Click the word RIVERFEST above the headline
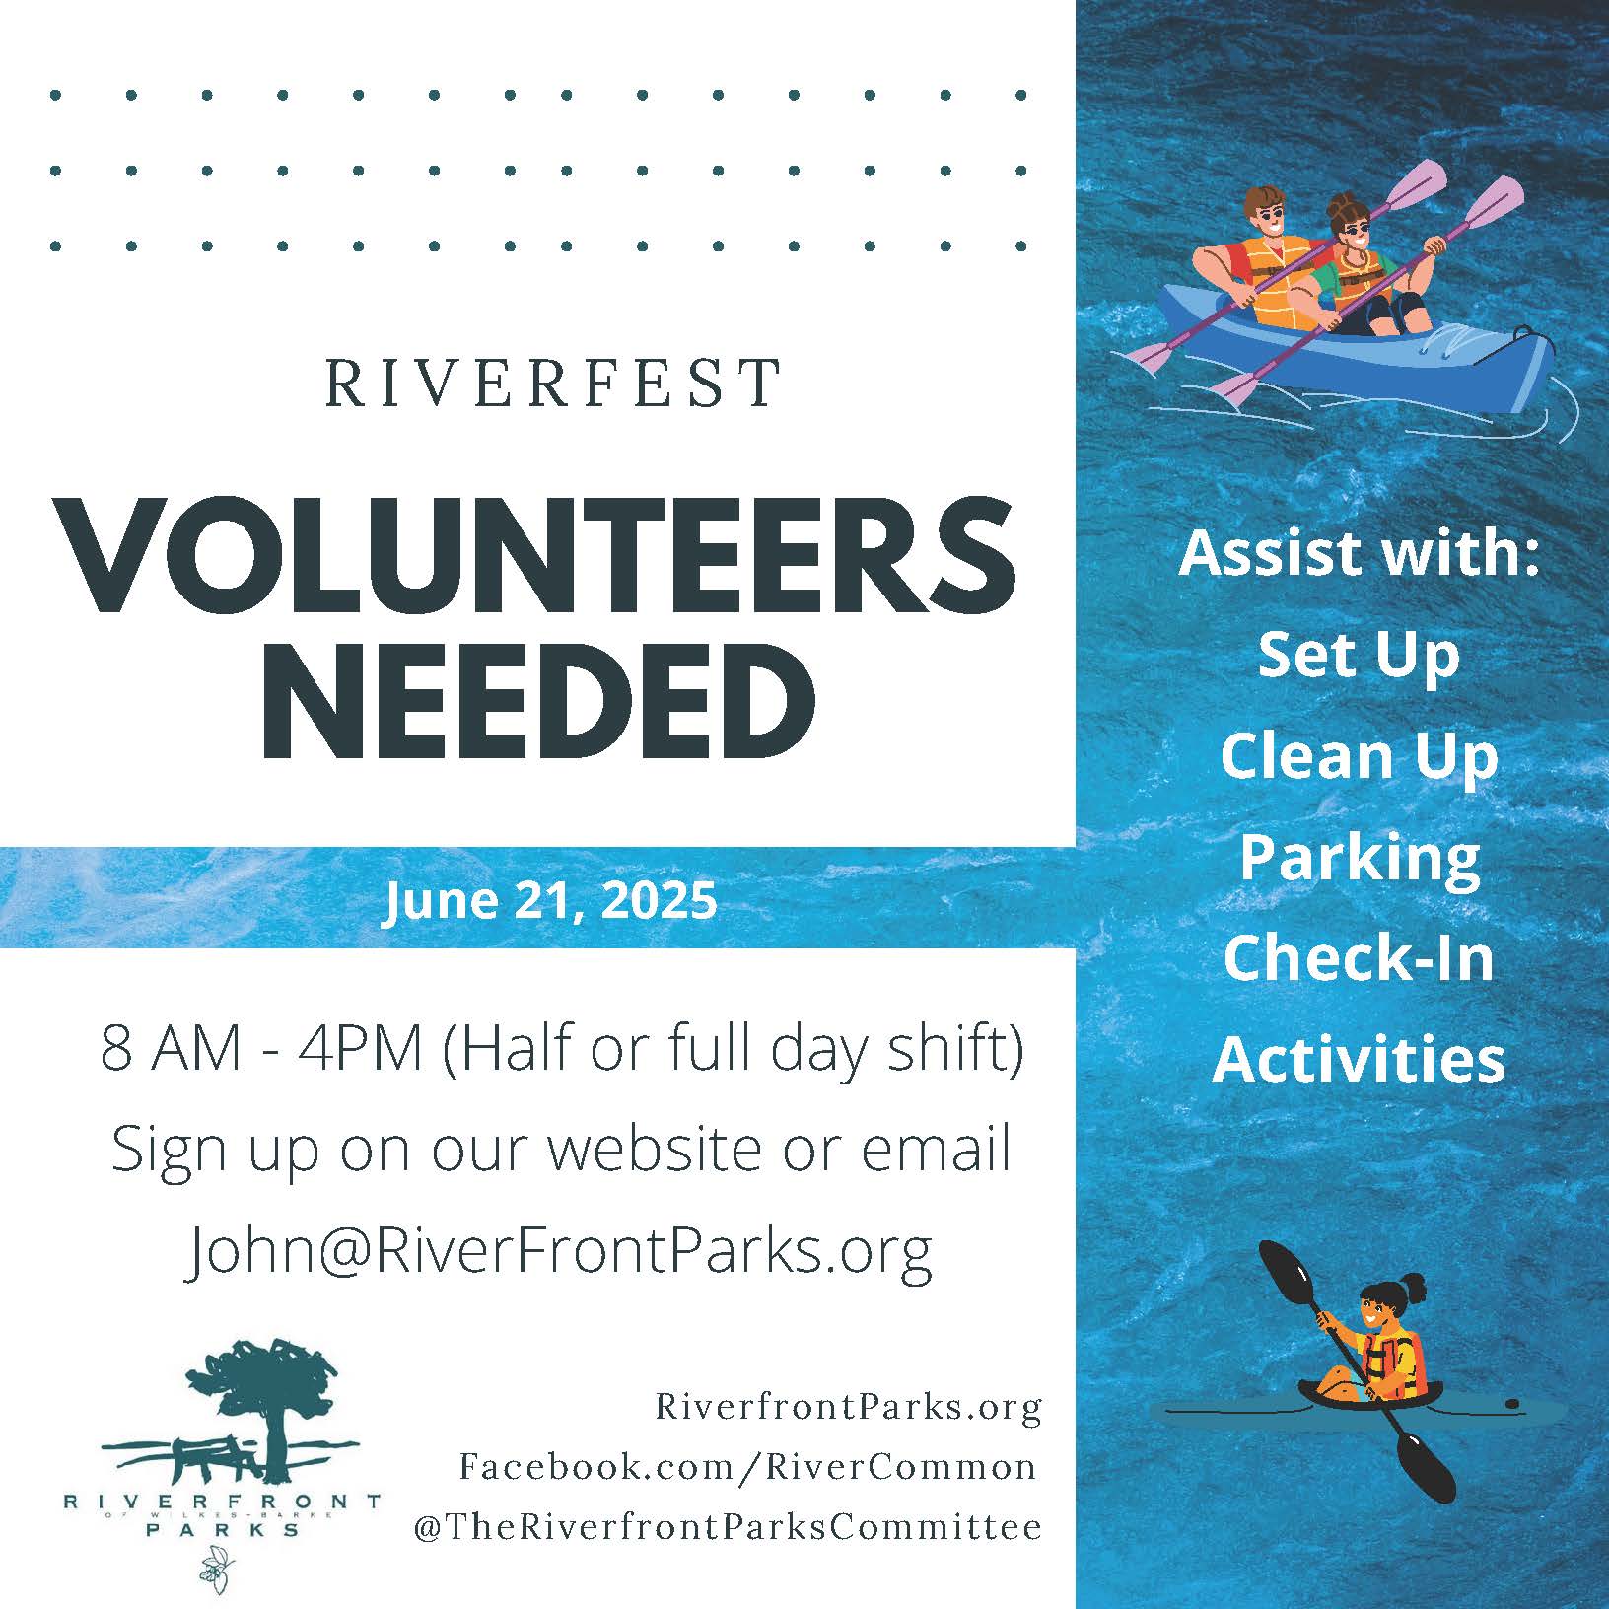tap(553, 384)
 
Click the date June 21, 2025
tap(550, 900)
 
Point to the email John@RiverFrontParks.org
tap(559, 1251)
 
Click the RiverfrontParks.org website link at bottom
tap(849, 1408)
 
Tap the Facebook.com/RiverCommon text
tap(748, 1467)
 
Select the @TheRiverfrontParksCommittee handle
tap(729, 1527)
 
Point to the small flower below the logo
tap(215, 1569)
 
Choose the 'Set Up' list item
tap(1359, 657)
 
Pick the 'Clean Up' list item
tap(1359, 757)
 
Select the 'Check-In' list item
tap(1359, 957)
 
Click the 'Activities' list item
tap(1359, 1059)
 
